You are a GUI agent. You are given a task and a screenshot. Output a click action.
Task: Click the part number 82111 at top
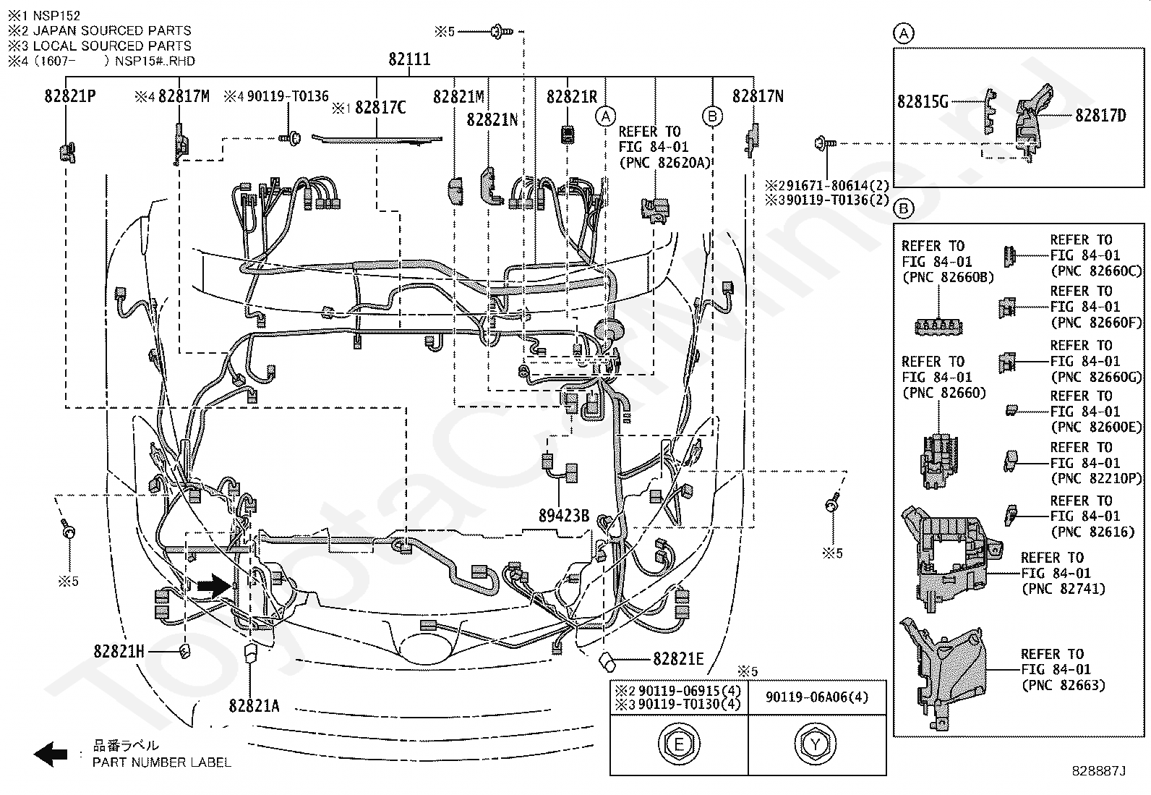(x=409, y=59)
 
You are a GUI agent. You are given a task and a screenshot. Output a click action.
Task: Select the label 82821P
(x=70, y=96)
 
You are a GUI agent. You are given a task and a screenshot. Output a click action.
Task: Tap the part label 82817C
(x=381, y=108)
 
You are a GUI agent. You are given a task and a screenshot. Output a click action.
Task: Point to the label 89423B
(x=564, y=516)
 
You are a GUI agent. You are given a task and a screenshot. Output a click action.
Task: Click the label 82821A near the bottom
(x=254, y=705)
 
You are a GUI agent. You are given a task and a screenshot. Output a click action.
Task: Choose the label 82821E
(x=678, y=658)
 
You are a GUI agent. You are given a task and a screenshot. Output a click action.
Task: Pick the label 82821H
(x=119, y=652)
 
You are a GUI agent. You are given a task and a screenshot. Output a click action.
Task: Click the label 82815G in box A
(x=923, y=102)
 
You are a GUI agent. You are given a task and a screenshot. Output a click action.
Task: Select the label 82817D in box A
(x=1100, y=116)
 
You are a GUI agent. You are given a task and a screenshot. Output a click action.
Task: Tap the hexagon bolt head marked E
(x=679, y=744)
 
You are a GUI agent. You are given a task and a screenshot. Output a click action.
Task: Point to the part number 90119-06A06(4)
(x=817, y=697)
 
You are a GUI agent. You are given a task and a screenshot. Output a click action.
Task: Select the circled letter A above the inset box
(x=904, y=33)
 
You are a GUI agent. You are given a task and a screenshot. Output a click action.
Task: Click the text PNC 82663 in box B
(x=1063, y=685)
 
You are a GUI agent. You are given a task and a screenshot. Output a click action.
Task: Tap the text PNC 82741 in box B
(x=1063, y=589)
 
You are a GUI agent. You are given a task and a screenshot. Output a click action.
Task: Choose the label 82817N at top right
(x=758, y=96)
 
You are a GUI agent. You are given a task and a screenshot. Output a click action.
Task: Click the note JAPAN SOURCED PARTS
(x=112, y=30)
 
